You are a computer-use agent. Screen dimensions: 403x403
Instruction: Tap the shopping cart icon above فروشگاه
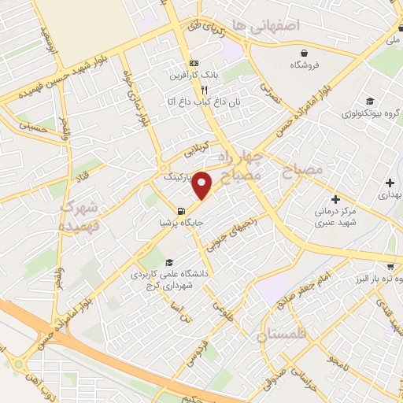pos(298,50)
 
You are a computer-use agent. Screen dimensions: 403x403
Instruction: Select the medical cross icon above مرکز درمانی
pos(336,199)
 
